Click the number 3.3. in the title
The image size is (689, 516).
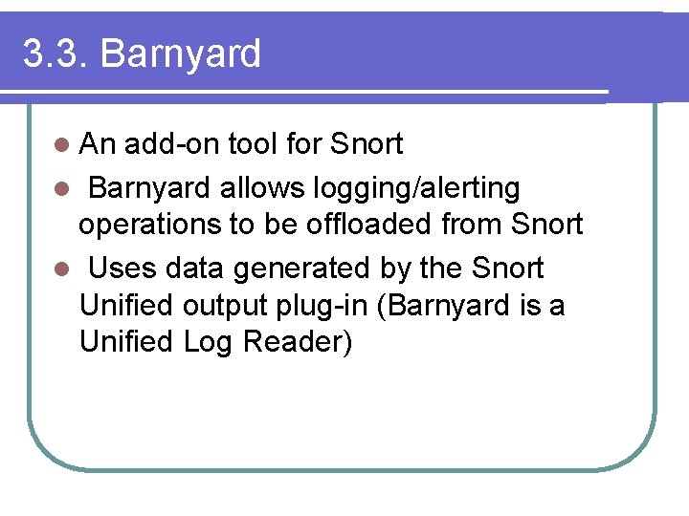pyautogui.click(x=56, y=54)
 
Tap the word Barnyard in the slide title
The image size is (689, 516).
pyautogui.click(x=180, y=54)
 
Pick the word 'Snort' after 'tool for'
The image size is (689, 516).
pyautogui.click(x=367, y=144)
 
